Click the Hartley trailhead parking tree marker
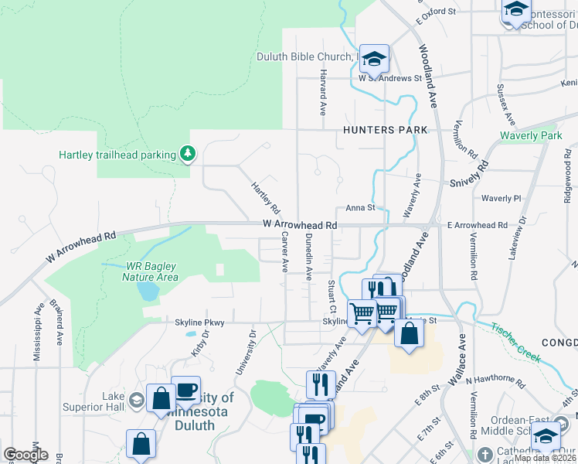click(x=187, y=154)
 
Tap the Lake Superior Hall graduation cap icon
click(x=136, y=400)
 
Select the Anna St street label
click(x=360, y=207)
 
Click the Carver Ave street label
click(x=284, y=251)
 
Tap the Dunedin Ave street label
click(x=308, y=256)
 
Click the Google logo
click(x=25, y=455)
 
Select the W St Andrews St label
click(x=389, y=78)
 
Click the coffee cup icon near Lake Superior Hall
click(x=185, y=391)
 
